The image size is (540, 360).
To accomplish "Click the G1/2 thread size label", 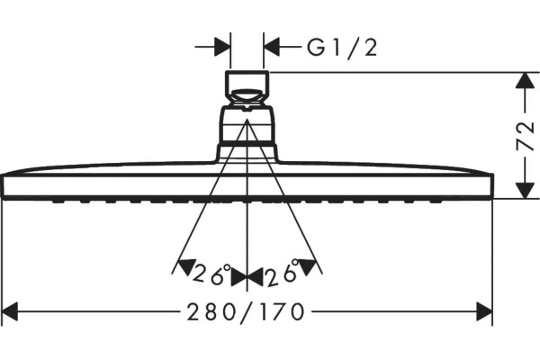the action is [342, 49].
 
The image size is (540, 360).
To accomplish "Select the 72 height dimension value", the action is [525, 136].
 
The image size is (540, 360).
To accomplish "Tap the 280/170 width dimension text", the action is [246, 312].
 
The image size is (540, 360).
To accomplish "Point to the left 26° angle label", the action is [211, 274].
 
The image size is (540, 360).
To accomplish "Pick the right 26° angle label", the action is [283, 274].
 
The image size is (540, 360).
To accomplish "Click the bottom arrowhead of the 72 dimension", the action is [524, 191].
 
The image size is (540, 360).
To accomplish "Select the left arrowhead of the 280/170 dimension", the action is [10, 311].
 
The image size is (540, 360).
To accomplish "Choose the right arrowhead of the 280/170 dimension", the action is [484, 311].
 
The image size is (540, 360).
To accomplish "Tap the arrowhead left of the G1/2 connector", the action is [222, 47].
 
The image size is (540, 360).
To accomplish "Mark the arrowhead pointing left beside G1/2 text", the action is [272, 47].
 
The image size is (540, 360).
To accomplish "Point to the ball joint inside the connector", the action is [247, 95].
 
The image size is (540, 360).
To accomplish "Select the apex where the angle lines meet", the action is [247, 119].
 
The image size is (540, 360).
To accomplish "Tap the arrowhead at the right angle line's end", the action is [308, 266].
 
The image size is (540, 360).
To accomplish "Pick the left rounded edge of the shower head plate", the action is [3, 186].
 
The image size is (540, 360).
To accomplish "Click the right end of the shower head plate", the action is [492, 186].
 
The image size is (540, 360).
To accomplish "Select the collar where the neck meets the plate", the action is [247, 153].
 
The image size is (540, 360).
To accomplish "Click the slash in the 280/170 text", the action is [246, 312].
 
